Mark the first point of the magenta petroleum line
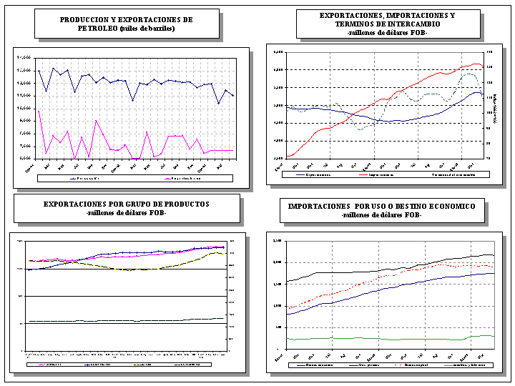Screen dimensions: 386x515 point(38,111)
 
